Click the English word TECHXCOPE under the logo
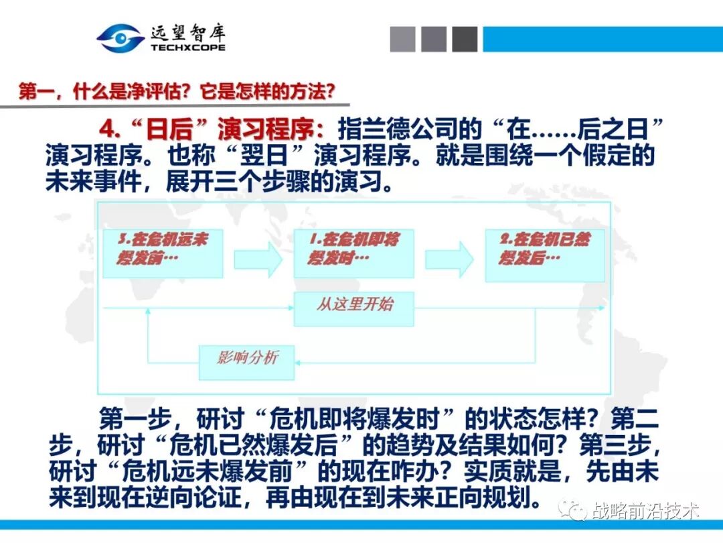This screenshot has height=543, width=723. pos(188,48)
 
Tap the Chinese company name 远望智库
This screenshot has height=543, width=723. pos(188,32)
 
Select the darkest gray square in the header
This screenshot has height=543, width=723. pos(465,39)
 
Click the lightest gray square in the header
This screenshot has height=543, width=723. pos(403,39)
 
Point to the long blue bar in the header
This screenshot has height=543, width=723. pos(602,39)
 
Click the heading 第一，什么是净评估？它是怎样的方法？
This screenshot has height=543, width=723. pos(176,91)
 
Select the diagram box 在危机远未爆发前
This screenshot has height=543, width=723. pos(162,253)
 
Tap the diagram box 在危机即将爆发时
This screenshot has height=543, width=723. pos(353,253)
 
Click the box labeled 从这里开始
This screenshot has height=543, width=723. pos(353,308)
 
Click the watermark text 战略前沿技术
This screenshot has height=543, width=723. pos(645,512)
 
